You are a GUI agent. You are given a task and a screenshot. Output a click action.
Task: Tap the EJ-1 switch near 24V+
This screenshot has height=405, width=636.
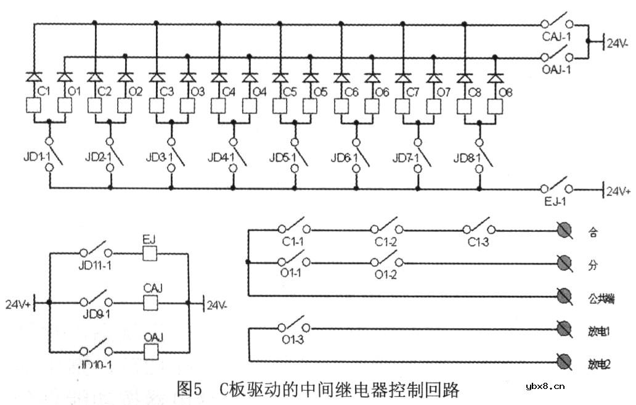point(556,187)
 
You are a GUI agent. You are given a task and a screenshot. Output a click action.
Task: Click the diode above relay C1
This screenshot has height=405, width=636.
point(34,77)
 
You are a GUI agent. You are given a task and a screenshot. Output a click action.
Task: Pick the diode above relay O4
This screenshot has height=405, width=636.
point(250,77)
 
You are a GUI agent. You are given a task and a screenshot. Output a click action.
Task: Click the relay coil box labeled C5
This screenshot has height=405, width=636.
point(280,104)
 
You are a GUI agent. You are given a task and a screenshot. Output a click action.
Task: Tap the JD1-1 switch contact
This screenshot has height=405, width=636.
point(53,154)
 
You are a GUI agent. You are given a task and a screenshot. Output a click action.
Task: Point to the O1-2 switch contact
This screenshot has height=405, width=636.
point(387,261)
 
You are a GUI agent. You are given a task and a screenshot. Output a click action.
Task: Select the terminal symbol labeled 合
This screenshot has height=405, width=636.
point(563,232)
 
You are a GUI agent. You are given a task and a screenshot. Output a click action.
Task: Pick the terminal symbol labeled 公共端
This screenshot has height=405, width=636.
point(563,295)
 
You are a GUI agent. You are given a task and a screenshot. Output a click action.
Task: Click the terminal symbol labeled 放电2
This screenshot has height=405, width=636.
point(563,361)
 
